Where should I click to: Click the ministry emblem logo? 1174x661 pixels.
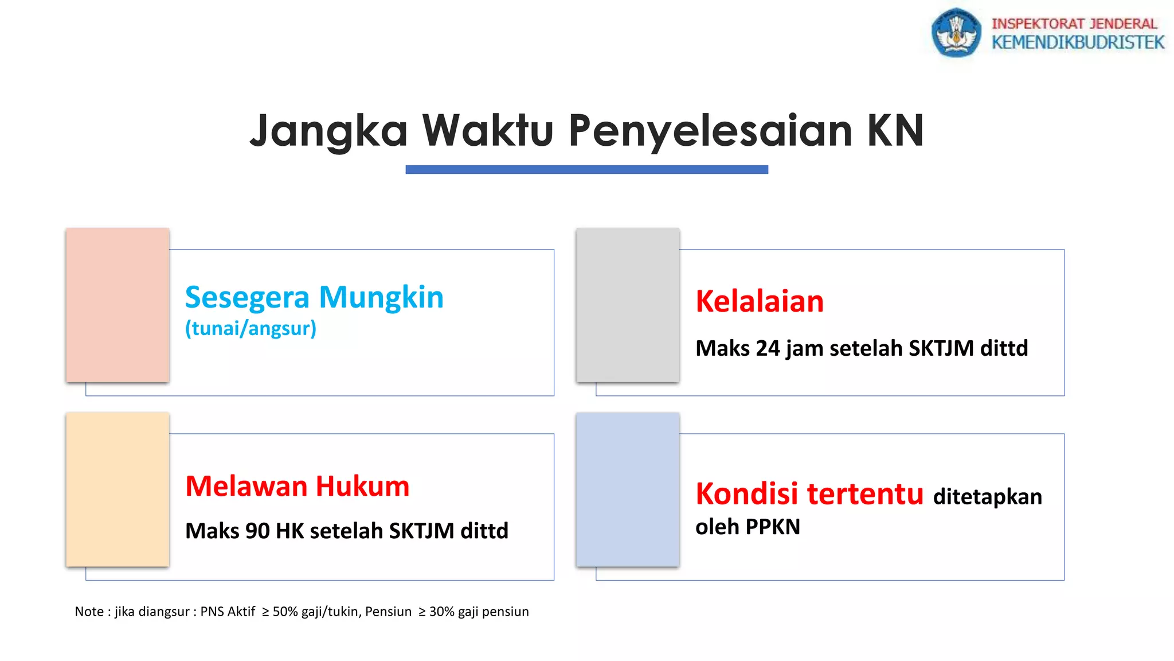[x=956, y=33]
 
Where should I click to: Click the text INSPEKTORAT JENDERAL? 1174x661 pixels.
[x=1074, y=24]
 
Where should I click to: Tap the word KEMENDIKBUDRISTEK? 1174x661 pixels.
[x=1078, y=42]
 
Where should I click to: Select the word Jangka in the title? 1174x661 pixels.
[x=328, y=131]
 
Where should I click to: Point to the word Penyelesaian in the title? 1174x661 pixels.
[x=710, y=131]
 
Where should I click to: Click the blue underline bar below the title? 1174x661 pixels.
[x=586, y=169]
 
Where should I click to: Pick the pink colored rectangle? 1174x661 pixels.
[x=118, y=305]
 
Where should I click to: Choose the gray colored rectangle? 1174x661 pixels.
[x=628, y=305]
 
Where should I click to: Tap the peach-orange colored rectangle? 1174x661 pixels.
[x=118, y=489]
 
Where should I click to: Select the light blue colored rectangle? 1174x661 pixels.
[x=628, y=489]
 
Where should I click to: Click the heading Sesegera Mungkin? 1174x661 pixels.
[x=314, y=297]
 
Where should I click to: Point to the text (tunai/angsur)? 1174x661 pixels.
[x=251, y=328]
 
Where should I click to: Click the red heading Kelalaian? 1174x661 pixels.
[x=760, y=301]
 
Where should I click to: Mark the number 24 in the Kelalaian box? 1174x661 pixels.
[x=768, y=348]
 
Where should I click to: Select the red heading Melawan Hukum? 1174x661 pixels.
[x=297, y=486]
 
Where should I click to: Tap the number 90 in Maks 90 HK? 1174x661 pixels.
[x=257, y=531]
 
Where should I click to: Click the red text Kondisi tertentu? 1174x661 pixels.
[x=809, y=493]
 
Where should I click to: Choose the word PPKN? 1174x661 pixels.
[x=773, y=527]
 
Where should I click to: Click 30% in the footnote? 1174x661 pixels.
[x=441, y=612]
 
